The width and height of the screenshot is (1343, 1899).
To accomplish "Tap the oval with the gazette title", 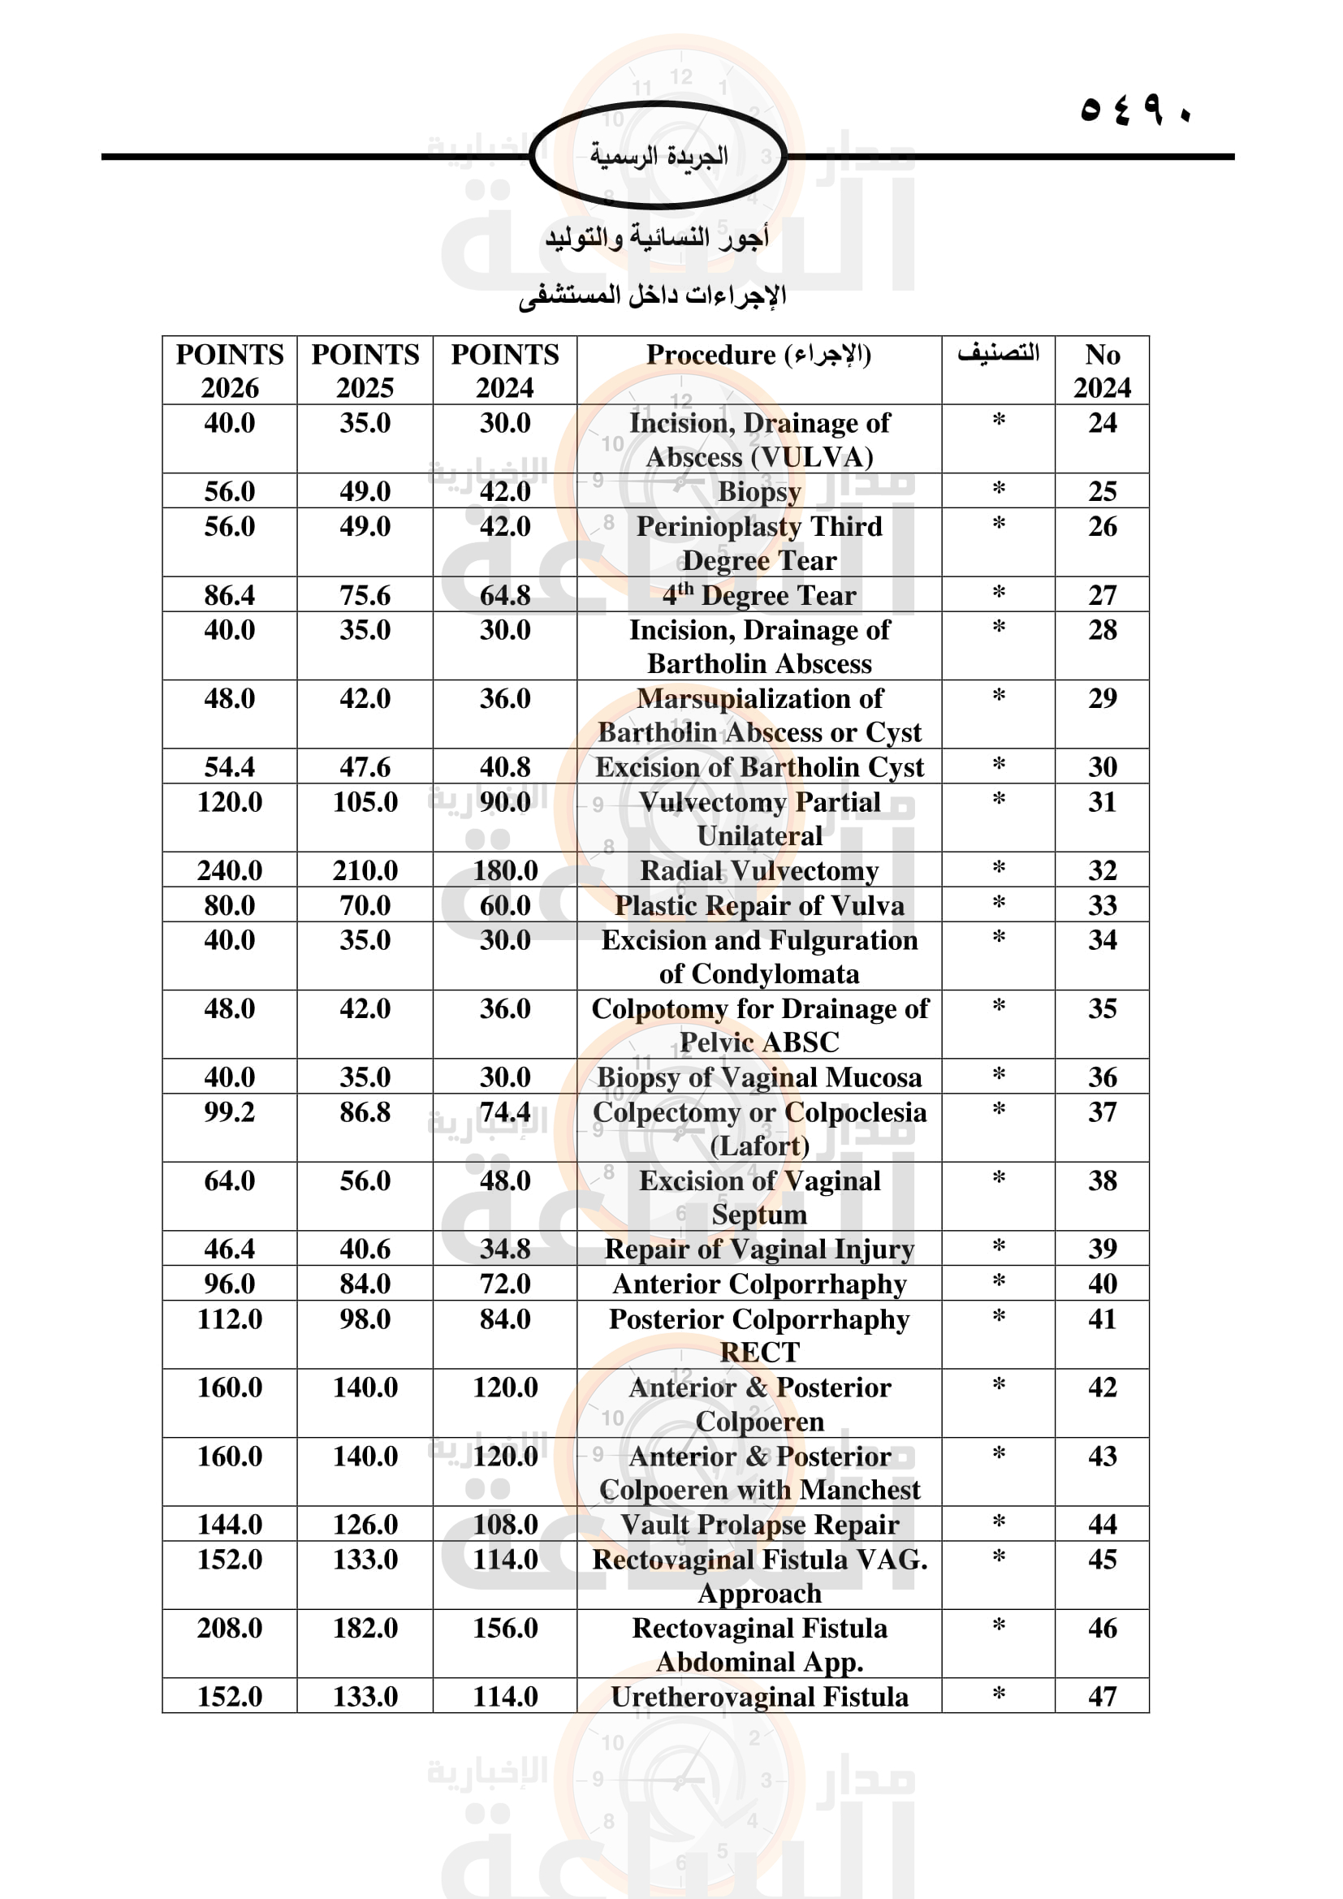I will pos(659,156).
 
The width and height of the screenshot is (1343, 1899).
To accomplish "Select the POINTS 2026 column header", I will pos(229,369).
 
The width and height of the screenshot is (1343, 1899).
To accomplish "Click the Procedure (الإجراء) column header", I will pos(758,355).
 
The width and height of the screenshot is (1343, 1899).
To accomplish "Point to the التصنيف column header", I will pos(998,353).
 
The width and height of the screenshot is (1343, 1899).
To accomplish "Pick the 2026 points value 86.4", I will pos(229,594).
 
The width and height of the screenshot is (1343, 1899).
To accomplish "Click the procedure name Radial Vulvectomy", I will pos(758,870).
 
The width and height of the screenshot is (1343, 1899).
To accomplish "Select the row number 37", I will pos(1102,1111).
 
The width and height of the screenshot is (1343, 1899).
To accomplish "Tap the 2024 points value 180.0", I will pos(504,870).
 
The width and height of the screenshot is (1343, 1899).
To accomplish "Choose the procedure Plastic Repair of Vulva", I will pos(758,904).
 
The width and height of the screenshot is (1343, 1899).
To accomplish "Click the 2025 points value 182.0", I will pos(365,1628).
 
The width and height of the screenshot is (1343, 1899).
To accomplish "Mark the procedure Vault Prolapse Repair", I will pos(758,1523).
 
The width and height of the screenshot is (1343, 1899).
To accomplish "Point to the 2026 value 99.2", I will pos(229,1111).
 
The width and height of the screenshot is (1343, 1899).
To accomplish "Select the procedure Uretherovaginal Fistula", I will pos(758,1696).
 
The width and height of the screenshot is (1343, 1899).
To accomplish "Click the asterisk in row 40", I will pos(998,1282).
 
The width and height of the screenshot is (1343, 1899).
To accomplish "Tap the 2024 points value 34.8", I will pos(504,1248).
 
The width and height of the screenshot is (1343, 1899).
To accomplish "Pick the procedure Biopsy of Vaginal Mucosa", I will pos(758,1077).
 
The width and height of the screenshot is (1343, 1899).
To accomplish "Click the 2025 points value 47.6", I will pos(365,766).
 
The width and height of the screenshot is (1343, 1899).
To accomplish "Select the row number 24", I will pos(1102,423).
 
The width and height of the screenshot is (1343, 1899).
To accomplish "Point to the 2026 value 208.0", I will pos(229,1628).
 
